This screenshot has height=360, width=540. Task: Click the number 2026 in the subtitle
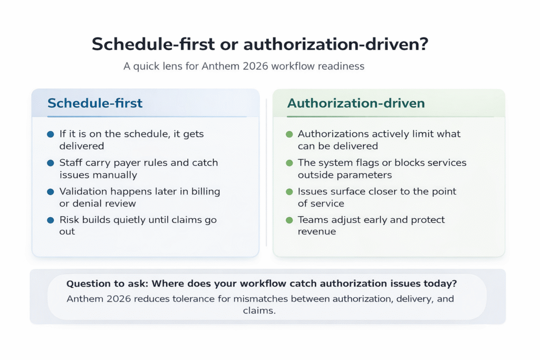point(255,66)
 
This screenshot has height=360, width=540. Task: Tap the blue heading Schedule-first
point(95,103)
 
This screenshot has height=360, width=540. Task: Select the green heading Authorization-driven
point(356,103)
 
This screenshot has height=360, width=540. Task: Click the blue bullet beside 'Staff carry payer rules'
point(50,163)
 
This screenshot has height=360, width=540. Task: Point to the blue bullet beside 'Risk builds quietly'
point(50,220)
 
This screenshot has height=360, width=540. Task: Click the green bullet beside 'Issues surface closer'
point(290,192)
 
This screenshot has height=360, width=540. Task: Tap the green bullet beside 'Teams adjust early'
point(290,220)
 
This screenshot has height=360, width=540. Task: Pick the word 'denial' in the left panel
point(84,203)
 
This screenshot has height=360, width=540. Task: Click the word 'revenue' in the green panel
point(317,231)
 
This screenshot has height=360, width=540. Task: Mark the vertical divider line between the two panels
point(266,172)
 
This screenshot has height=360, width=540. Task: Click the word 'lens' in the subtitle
point(172,66)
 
